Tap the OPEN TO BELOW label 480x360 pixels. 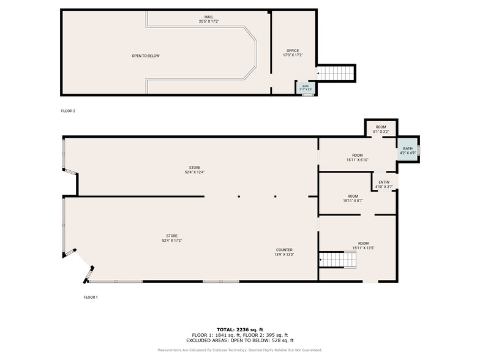pyautogui.click(x=145, y=56)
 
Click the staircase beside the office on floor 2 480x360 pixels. pyautogui.click(x=336, y=73)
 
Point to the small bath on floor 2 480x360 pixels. pyautogui.click(x=306, y=88)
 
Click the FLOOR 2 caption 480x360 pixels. pyautogui.click(x=68, y=111)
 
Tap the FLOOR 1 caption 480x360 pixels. pyautogui.click(x=91, y=297)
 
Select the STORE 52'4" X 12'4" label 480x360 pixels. pyautogui.click(x=195, y=170)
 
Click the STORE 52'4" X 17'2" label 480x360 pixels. pyautogui.click(x=171, y=238)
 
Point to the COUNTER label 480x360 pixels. pyautogui.click(x=284, y=252)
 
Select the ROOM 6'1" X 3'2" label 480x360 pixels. pyautogui.click(x=381, y=129)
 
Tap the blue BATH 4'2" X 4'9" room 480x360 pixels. pyautogui.click(x=407, y=150)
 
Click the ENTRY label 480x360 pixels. pyautogui.click(x=384, y=184)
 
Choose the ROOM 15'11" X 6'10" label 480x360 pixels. pyautogui.click(x=357, y=157)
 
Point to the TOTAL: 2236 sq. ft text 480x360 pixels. pyautogui.click(x=239, y=330)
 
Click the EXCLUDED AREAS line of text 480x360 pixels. pyautogui.click(x=239, y=340)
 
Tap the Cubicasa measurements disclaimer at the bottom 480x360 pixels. pyautogui.click(x=239, y=350)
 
